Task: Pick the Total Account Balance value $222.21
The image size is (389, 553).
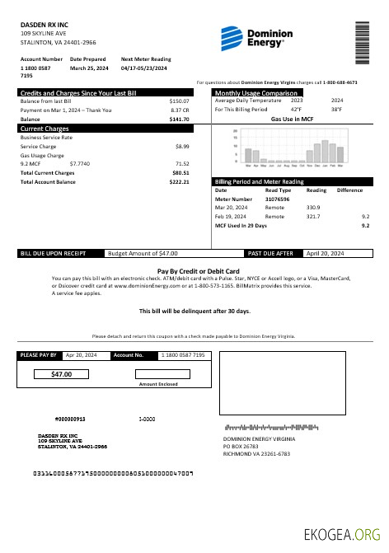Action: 180,181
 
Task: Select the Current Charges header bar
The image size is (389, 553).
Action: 105,129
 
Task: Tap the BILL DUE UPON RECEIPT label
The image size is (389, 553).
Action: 50,253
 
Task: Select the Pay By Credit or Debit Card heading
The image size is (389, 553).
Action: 198,270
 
